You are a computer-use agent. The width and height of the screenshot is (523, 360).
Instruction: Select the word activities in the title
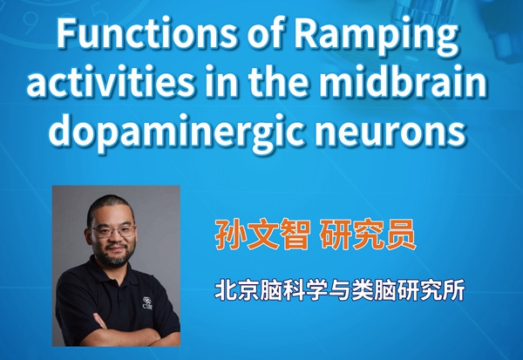[x=111, y=82]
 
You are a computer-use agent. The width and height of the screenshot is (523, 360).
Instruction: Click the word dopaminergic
[x=178, y=132]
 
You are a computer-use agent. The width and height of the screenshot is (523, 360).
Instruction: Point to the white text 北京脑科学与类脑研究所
[x=340, y=290]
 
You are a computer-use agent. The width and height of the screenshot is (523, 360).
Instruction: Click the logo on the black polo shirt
[x=147, y=303]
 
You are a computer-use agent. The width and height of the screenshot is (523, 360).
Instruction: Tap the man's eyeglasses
[x=112, y=231]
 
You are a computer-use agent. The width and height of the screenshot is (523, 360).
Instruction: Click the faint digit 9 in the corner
[x=30, y=24]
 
